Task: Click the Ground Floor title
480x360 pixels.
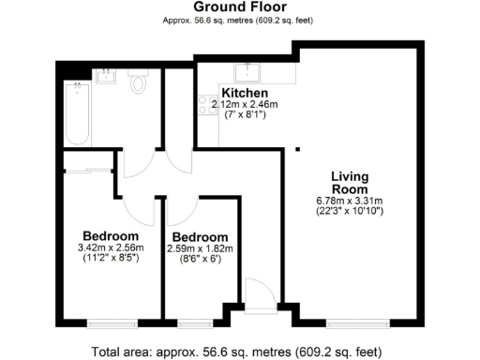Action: (x=239, y=7)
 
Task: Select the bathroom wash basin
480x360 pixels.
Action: (x=105, y=78)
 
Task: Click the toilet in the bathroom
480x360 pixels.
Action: (x=139, y=83)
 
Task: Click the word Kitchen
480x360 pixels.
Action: (x=246, y=94)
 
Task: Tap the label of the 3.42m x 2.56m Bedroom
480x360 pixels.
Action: (x=111, y=235)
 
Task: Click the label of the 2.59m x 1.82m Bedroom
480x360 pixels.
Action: (x=198, y=236)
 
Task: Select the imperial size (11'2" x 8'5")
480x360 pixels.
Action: (x=111, y=258)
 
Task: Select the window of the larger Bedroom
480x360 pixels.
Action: (x=112, y=324)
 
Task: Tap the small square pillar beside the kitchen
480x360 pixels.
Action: (x=297, y=148)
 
